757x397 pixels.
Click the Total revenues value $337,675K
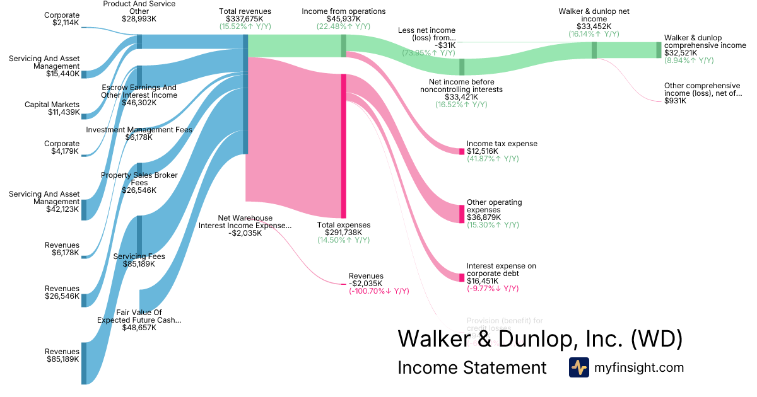tap(245, 19)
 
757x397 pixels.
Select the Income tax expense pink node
tap(461, 151)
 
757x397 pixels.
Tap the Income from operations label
tap(343, 11)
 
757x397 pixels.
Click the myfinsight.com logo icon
tap(578, 367)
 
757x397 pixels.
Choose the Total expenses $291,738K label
tap(344, 229)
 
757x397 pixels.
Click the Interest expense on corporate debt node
tap(461, 277)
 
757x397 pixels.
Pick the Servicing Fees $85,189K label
tap(139, 260)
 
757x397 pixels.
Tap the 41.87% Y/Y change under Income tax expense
tap(493, 159)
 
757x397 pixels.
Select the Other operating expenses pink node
tap(461, 214)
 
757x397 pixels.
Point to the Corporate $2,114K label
tap(62, 19)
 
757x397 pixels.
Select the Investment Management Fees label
tap(139, 130)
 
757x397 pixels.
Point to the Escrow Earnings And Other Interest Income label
tap(139, 91)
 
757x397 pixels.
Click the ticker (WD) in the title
tap(657, 338)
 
